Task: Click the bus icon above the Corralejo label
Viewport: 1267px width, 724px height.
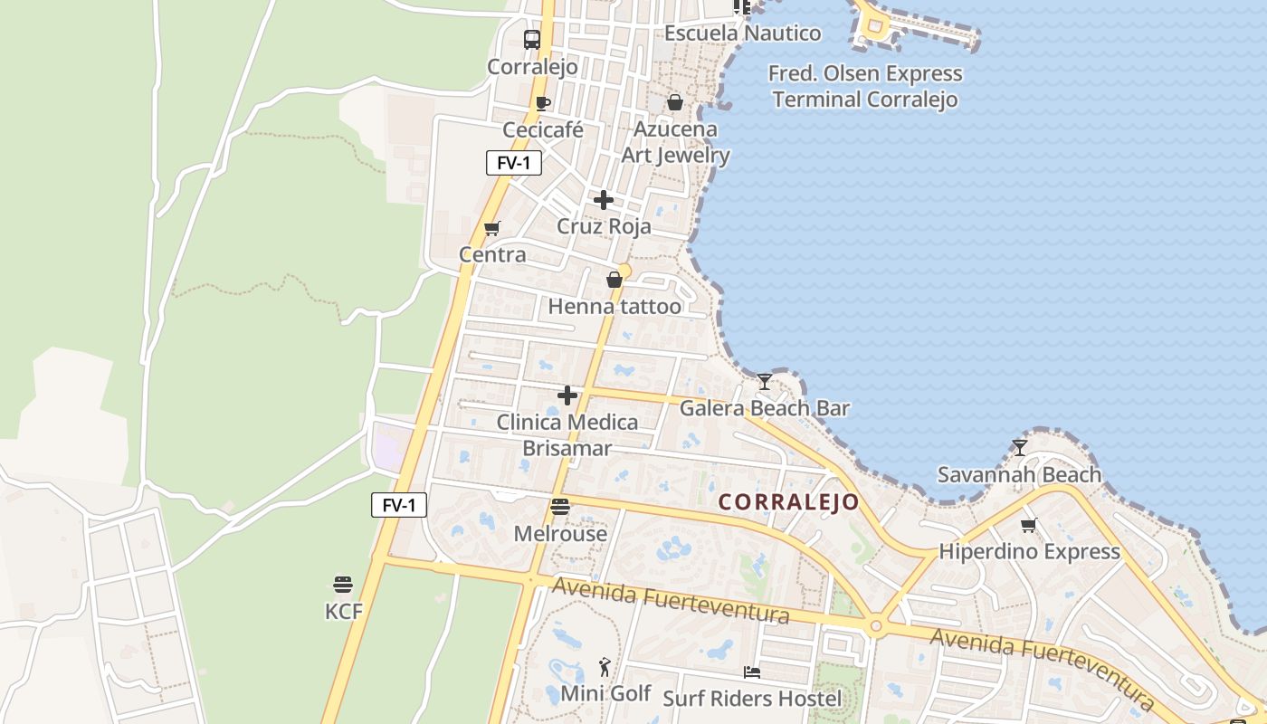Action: [x=532, y=40]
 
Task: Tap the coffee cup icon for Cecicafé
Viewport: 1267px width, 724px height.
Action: [x=543, y=103]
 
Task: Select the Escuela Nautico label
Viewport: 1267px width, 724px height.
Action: [x=742, y=33]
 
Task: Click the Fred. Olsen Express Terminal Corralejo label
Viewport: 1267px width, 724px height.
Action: [x=865, y=86]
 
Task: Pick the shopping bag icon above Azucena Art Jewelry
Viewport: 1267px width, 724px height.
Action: [x=675, y=102]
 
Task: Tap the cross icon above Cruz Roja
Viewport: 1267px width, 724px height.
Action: [x=604, y=200]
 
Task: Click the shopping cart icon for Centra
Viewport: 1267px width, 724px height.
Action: [x=492, y=228]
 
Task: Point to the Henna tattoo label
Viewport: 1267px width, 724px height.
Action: [x=614, y=307]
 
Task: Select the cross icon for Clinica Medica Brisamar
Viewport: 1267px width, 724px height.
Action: [x=567, y=395]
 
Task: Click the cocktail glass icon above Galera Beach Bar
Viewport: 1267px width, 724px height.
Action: [x=765, y=382]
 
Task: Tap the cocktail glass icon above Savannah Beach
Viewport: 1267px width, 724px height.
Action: [x=1020, y=448]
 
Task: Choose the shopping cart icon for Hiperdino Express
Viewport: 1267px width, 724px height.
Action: [x=1029, y=525]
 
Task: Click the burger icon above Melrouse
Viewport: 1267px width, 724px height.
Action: [x=560, y=507]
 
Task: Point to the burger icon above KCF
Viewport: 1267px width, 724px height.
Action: [x=343, y=585]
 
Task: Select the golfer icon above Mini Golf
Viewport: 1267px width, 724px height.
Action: [x=605, y=668]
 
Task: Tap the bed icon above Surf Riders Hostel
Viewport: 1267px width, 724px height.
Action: [x=752, y=672]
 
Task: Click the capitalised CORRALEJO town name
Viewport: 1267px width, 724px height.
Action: [x=788, y=502]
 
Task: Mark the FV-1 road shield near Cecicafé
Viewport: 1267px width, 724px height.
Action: [x=514, y=163]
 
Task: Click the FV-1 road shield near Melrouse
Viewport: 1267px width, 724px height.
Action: [x=399, y=505]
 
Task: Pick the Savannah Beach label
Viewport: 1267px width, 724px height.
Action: [x=1019, y=474]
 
